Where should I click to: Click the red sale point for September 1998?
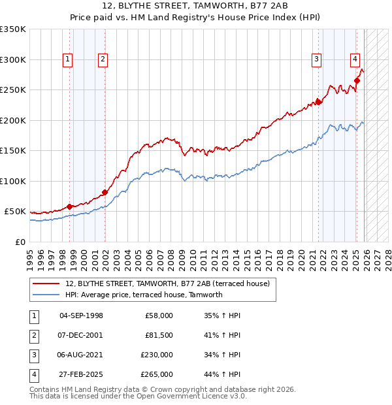[69, 206]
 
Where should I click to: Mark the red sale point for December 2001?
[104, 192]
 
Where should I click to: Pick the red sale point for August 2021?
[319, 101]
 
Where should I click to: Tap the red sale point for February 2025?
[357, 80]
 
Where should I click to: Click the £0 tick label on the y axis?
[20, 242]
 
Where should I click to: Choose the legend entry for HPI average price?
[144, 295]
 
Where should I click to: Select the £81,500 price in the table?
[159, 335]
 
